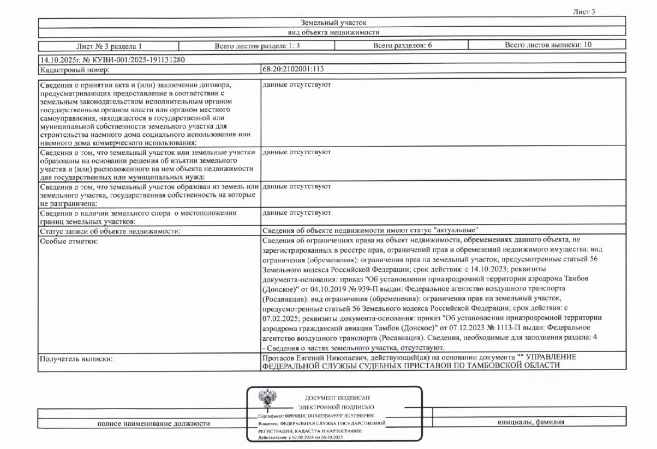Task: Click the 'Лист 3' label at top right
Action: click(584, 12)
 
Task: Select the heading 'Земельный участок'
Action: click(333, 22)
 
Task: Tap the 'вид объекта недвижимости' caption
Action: click(333, 33)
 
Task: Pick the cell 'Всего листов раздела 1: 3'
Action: click(257, 45)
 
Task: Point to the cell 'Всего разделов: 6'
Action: click(402, 45)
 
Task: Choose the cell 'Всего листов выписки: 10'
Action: click(548, 45)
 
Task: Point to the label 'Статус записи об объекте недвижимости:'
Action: click(110, 231)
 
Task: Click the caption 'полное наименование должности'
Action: click(154, 423)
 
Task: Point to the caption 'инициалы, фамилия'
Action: click(530, 422)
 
